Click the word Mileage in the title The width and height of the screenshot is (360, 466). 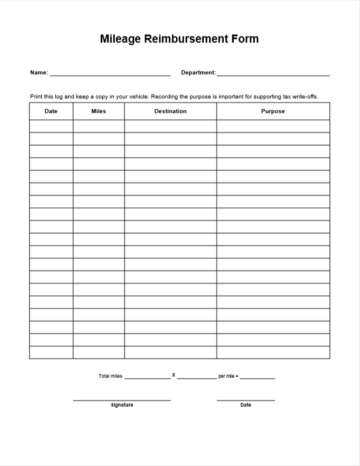point(120,39)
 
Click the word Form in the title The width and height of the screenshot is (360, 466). point(241,39)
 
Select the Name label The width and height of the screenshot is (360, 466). point(39,73)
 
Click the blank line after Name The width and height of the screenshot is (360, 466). point(110,75)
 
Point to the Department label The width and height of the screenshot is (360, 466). point(198,73)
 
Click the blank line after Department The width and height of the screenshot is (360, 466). point(273,75)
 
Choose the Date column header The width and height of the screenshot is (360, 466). point(51,112)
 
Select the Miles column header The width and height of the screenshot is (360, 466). point(99,112)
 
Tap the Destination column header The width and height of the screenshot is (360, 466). point(170,112)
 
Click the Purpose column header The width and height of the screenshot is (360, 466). point(273,112)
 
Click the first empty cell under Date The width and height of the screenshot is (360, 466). point(51,126)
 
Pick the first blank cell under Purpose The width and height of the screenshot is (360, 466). point(273,126)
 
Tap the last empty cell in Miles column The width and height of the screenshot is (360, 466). point(99,352)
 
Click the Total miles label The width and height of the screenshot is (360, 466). point(110,376)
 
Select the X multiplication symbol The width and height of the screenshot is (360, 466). point(174,374)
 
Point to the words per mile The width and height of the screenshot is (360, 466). point(227,376)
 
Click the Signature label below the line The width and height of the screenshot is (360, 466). point(122,405)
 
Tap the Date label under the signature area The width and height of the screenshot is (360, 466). point(245,405)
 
